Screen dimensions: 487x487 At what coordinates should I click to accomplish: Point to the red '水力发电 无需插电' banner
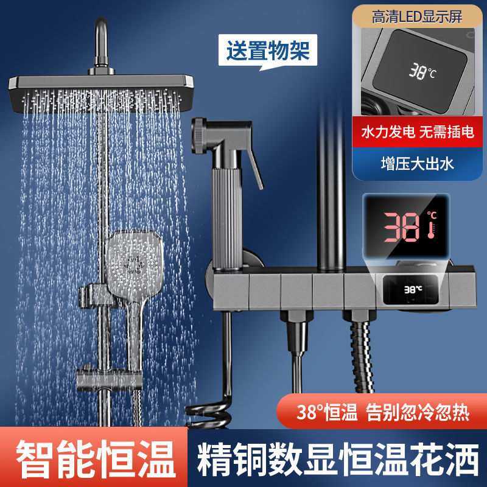pos(417,133)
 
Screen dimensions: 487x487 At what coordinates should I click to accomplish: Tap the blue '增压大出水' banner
pos(417,163)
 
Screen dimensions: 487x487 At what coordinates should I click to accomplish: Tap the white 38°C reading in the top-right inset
pos(422,71)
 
